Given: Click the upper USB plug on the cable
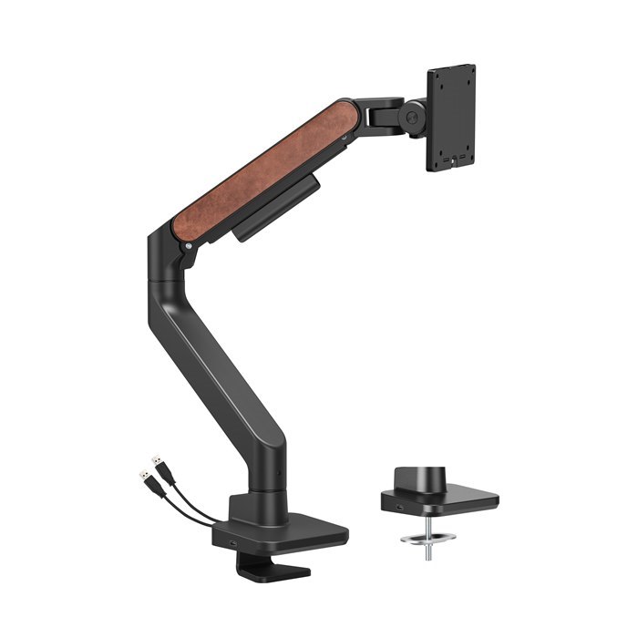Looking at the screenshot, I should pyautogui.click(x=158, y=462).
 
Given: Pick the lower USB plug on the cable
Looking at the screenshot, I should pyautogui.click(x=146, y=478).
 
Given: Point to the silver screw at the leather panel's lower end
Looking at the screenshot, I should pyautogui.click(x=187, y=244).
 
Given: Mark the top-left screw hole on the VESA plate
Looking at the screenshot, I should pyautogui.click(x=435, y=74).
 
